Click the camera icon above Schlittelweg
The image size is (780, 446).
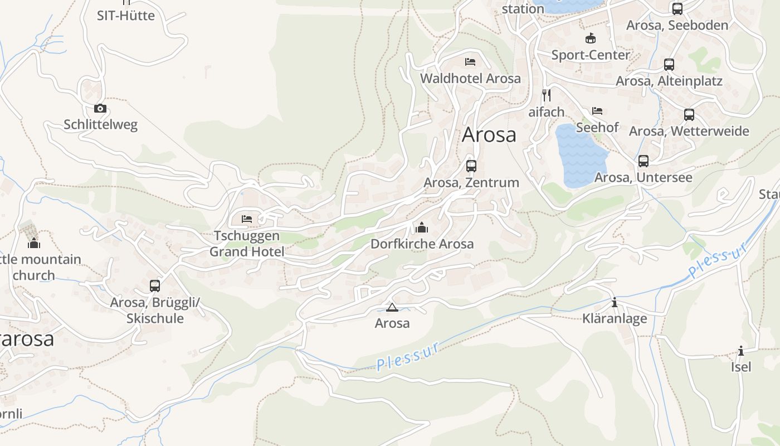point(100,108)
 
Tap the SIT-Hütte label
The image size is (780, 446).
point(126,16)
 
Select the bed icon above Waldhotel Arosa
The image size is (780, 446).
point(470,61)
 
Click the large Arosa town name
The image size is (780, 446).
point(489,135)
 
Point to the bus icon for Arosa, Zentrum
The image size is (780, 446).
point(471,166)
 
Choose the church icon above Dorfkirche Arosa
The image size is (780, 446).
point(422,227)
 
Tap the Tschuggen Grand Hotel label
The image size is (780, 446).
point(247,244)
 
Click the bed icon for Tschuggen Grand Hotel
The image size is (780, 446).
point(247,219)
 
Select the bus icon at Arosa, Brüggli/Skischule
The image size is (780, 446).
point(155,286)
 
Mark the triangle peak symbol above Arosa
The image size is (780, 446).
point(392,307)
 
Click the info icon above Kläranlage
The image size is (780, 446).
point(615,303)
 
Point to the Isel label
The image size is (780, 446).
point(741,367)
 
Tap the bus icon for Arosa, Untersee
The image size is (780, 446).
point(643,161)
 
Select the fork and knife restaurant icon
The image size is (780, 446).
point(547,95)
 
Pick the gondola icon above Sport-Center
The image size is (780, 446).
point(591,38)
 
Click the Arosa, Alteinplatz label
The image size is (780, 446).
point(669,81)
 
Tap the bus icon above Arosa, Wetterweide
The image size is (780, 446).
point(689,115)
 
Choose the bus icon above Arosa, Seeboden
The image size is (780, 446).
point(677,9)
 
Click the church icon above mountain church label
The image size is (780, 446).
point(34,243)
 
